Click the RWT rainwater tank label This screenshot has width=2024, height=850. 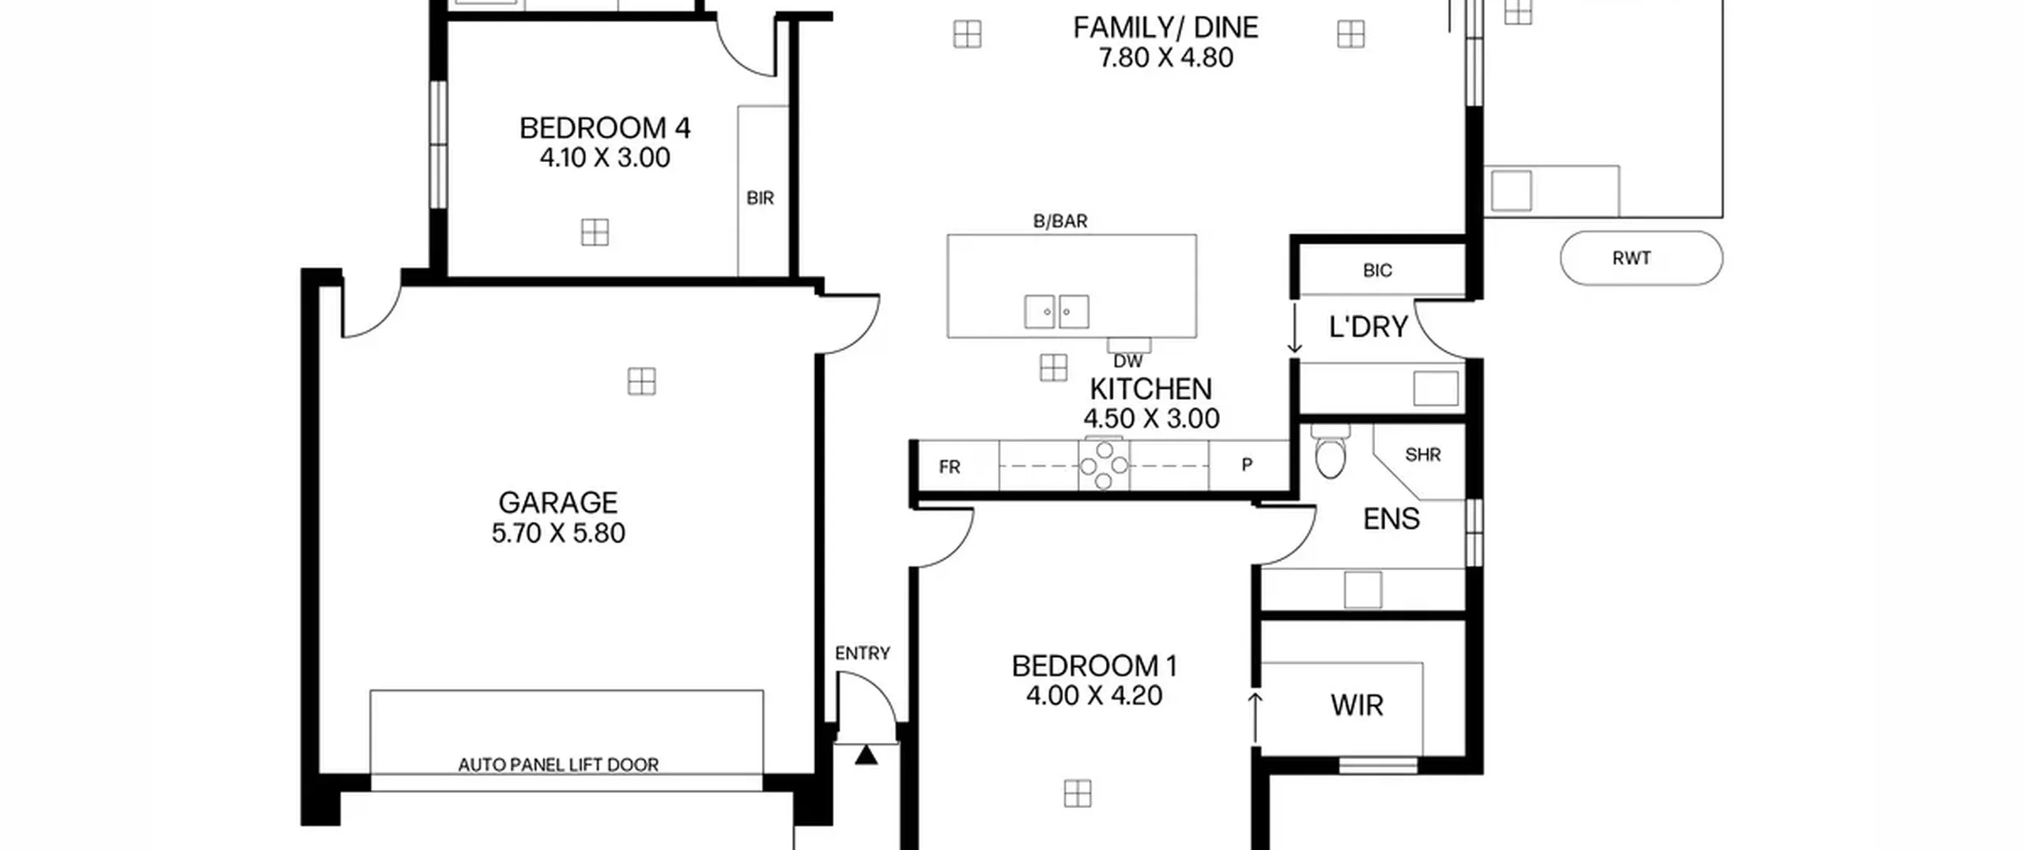point(1631,259)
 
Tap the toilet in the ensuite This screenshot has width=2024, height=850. point(1330,452)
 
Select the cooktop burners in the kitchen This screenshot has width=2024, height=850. point(1104,465)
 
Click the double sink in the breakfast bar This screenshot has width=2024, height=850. point(1056,312)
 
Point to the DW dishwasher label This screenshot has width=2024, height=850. point(1127,361)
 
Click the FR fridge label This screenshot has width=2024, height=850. point(950,467)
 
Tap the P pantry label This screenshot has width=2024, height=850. point(1247,465)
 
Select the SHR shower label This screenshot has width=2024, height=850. point(1423,455)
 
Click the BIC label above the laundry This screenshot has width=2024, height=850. point(1377,270)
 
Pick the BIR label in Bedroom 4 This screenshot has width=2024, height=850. point(760,198)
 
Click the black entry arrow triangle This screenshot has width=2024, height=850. point(867,755)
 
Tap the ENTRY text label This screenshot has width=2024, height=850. point(863,653)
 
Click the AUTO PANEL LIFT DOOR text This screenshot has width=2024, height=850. point(558,765)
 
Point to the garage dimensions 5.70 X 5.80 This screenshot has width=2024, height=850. point(558,533)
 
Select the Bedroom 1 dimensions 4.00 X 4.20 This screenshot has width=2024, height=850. point(1094,696)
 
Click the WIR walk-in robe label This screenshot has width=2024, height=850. point(1357,705)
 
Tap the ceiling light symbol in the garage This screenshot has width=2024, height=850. point(641,382)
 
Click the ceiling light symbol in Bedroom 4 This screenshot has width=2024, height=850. point(595,232)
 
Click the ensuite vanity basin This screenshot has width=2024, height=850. point(1363,590)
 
